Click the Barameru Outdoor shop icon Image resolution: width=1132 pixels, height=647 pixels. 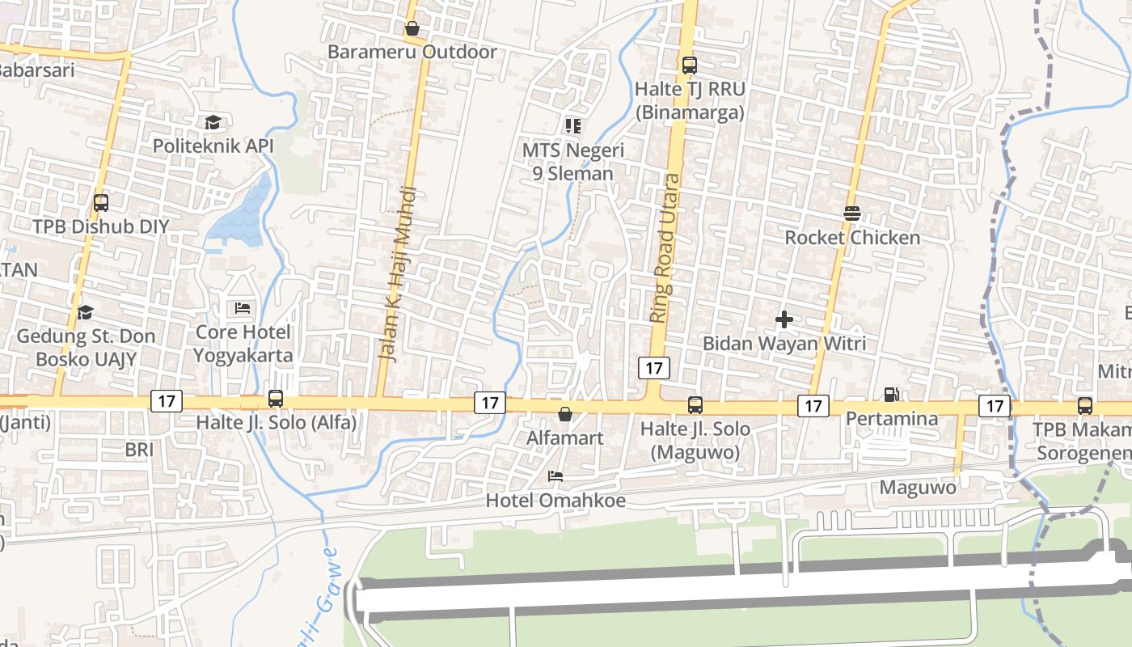(x=412, y=29)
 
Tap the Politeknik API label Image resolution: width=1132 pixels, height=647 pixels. (x=213, y=146)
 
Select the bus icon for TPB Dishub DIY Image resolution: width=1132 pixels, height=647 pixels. (x=101, y=203)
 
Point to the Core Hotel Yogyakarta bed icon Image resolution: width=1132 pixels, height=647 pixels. (x=243, y=308)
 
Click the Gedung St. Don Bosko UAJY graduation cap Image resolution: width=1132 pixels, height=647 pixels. (x=85, y=312)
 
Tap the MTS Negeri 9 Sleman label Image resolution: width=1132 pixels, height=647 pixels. (x=572, y=162)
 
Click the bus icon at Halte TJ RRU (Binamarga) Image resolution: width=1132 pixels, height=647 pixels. (x=689, y=66)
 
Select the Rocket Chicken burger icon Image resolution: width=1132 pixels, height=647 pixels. (x=851, y=214)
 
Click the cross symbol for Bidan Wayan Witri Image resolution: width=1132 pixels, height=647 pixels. (x=784, y=319)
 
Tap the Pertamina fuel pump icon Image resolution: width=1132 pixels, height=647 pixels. (x=891, y=395)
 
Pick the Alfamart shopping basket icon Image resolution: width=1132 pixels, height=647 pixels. (x=564, y=415)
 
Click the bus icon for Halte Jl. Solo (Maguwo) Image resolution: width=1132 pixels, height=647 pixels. (x=695, y=405)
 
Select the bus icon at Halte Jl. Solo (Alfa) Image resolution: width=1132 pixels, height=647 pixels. (x=276, y=399)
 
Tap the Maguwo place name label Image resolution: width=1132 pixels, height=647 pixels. (x=918, y=488)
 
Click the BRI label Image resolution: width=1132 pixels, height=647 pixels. (x=139, y=449)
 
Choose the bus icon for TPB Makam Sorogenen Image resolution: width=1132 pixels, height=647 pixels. (x=1085, y=406)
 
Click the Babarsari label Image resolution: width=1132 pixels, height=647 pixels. (x=36, y=70)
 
